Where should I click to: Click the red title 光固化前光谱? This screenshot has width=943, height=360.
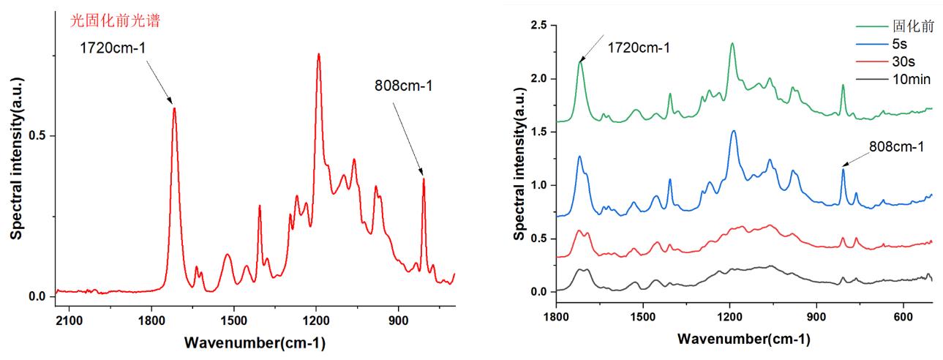(115, 21)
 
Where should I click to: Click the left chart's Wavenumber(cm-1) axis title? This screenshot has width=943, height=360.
(255, 342)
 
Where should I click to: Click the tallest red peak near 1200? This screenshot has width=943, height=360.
(318, 54)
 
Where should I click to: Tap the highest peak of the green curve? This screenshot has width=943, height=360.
(732, 44)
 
